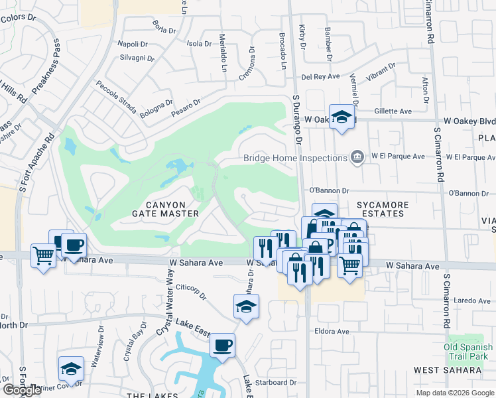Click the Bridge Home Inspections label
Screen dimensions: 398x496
point(295,158)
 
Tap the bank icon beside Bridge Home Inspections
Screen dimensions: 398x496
point(357,157)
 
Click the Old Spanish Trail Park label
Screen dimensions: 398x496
point(469,352)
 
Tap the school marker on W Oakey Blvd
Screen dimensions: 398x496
point(341,117)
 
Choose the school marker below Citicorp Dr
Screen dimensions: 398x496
point(246,306)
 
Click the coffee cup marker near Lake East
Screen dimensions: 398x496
point(222,346)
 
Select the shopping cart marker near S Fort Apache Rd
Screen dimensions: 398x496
point(43,255)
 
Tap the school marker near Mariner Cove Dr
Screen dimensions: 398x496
point(72,369)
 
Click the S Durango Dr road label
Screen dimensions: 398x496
point(297,129)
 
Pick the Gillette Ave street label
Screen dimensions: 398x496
point(393,111)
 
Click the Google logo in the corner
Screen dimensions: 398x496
point(22,390)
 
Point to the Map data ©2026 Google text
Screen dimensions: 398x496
point(455,393)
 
